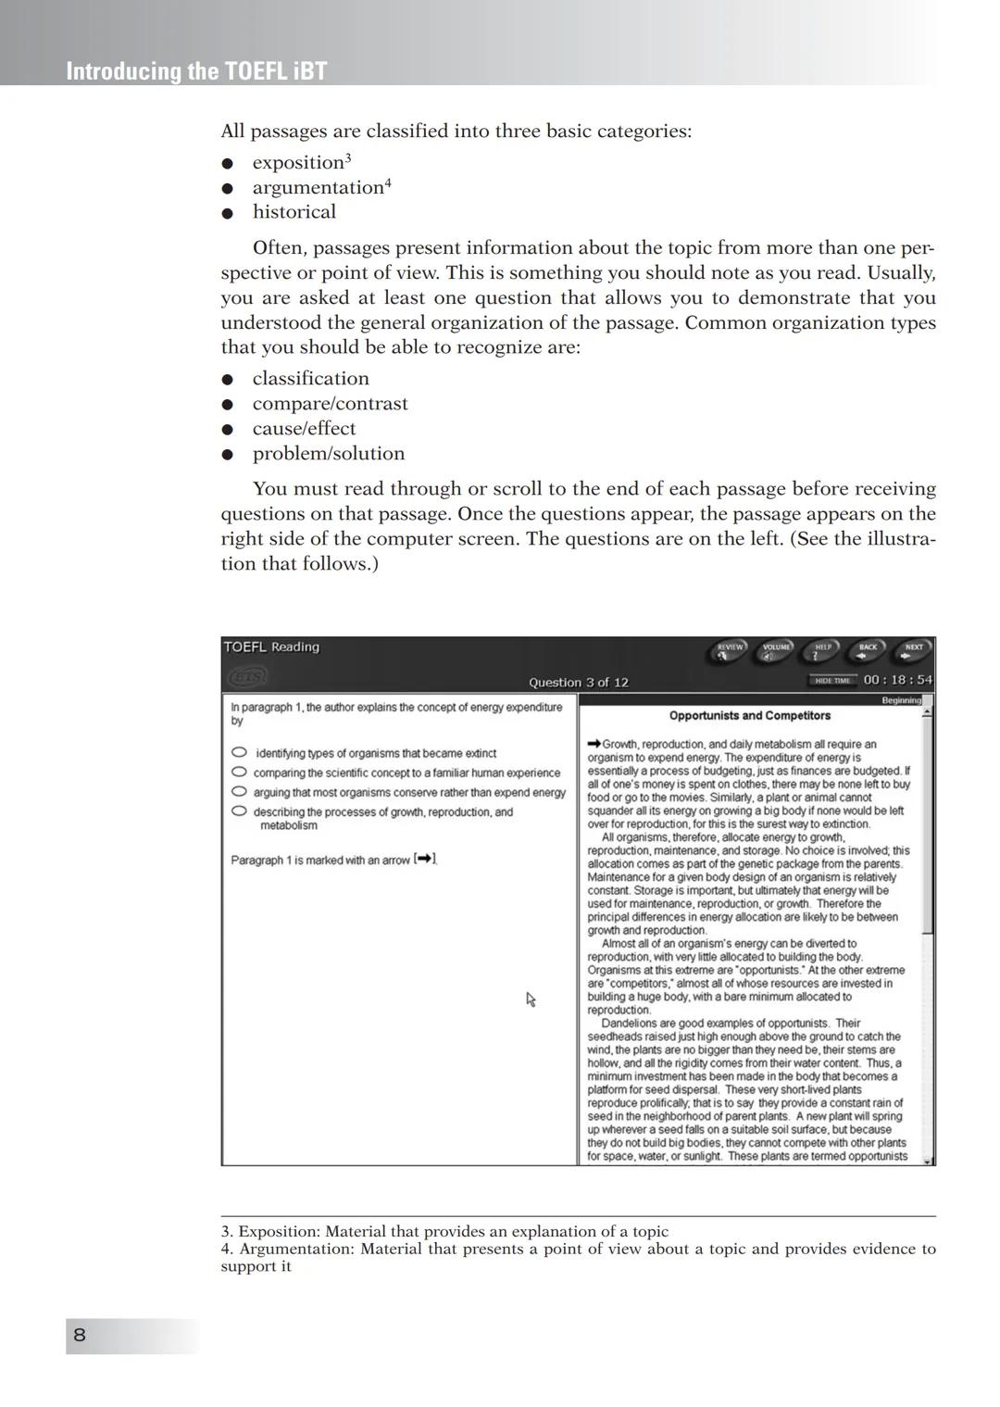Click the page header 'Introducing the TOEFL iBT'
pos(196,71)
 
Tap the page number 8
pos(80,1335)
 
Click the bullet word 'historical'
pos(294,212)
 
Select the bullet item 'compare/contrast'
pos(330,404)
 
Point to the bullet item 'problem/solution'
pos(329,454)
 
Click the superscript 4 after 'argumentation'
pos(388,182)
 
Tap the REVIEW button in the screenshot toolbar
pos(731,651)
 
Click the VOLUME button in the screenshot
pos(776,651)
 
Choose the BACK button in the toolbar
pos(868,651)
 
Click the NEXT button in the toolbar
pos(913,651)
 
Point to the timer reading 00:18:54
pos(897,680)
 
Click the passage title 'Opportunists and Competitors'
pos(750,716)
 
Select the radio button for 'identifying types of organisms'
pos(239,752)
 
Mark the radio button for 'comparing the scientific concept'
pos(239,772)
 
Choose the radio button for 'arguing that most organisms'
pos(239,791)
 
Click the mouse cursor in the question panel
pos(531,999)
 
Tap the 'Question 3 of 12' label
pos(578,683)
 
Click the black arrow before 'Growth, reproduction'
pos(594,744)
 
